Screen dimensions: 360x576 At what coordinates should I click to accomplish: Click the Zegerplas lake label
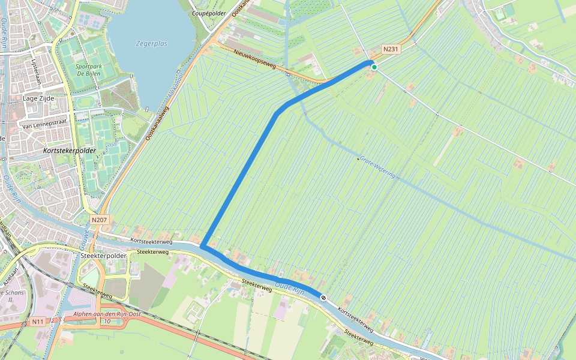pos(152,44)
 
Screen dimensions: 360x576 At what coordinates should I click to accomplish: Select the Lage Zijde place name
pos(38,98)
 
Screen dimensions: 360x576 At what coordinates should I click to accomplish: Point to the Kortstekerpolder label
pos(70,151)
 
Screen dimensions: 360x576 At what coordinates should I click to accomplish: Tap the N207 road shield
pos(100,220)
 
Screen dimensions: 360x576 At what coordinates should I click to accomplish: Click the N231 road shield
pos(391,49)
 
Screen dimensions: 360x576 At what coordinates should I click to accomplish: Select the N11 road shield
pos(38,322)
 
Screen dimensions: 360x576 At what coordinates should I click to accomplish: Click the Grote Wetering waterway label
pos(378,167)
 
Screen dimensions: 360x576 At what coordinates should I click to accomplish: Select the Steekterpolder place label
pos(103,256)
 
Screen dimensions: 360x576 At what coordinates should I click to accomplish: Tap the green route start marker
pos(374,67)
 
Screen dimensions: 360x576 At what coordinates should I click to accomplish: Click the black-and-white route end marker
pos(323,297)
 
